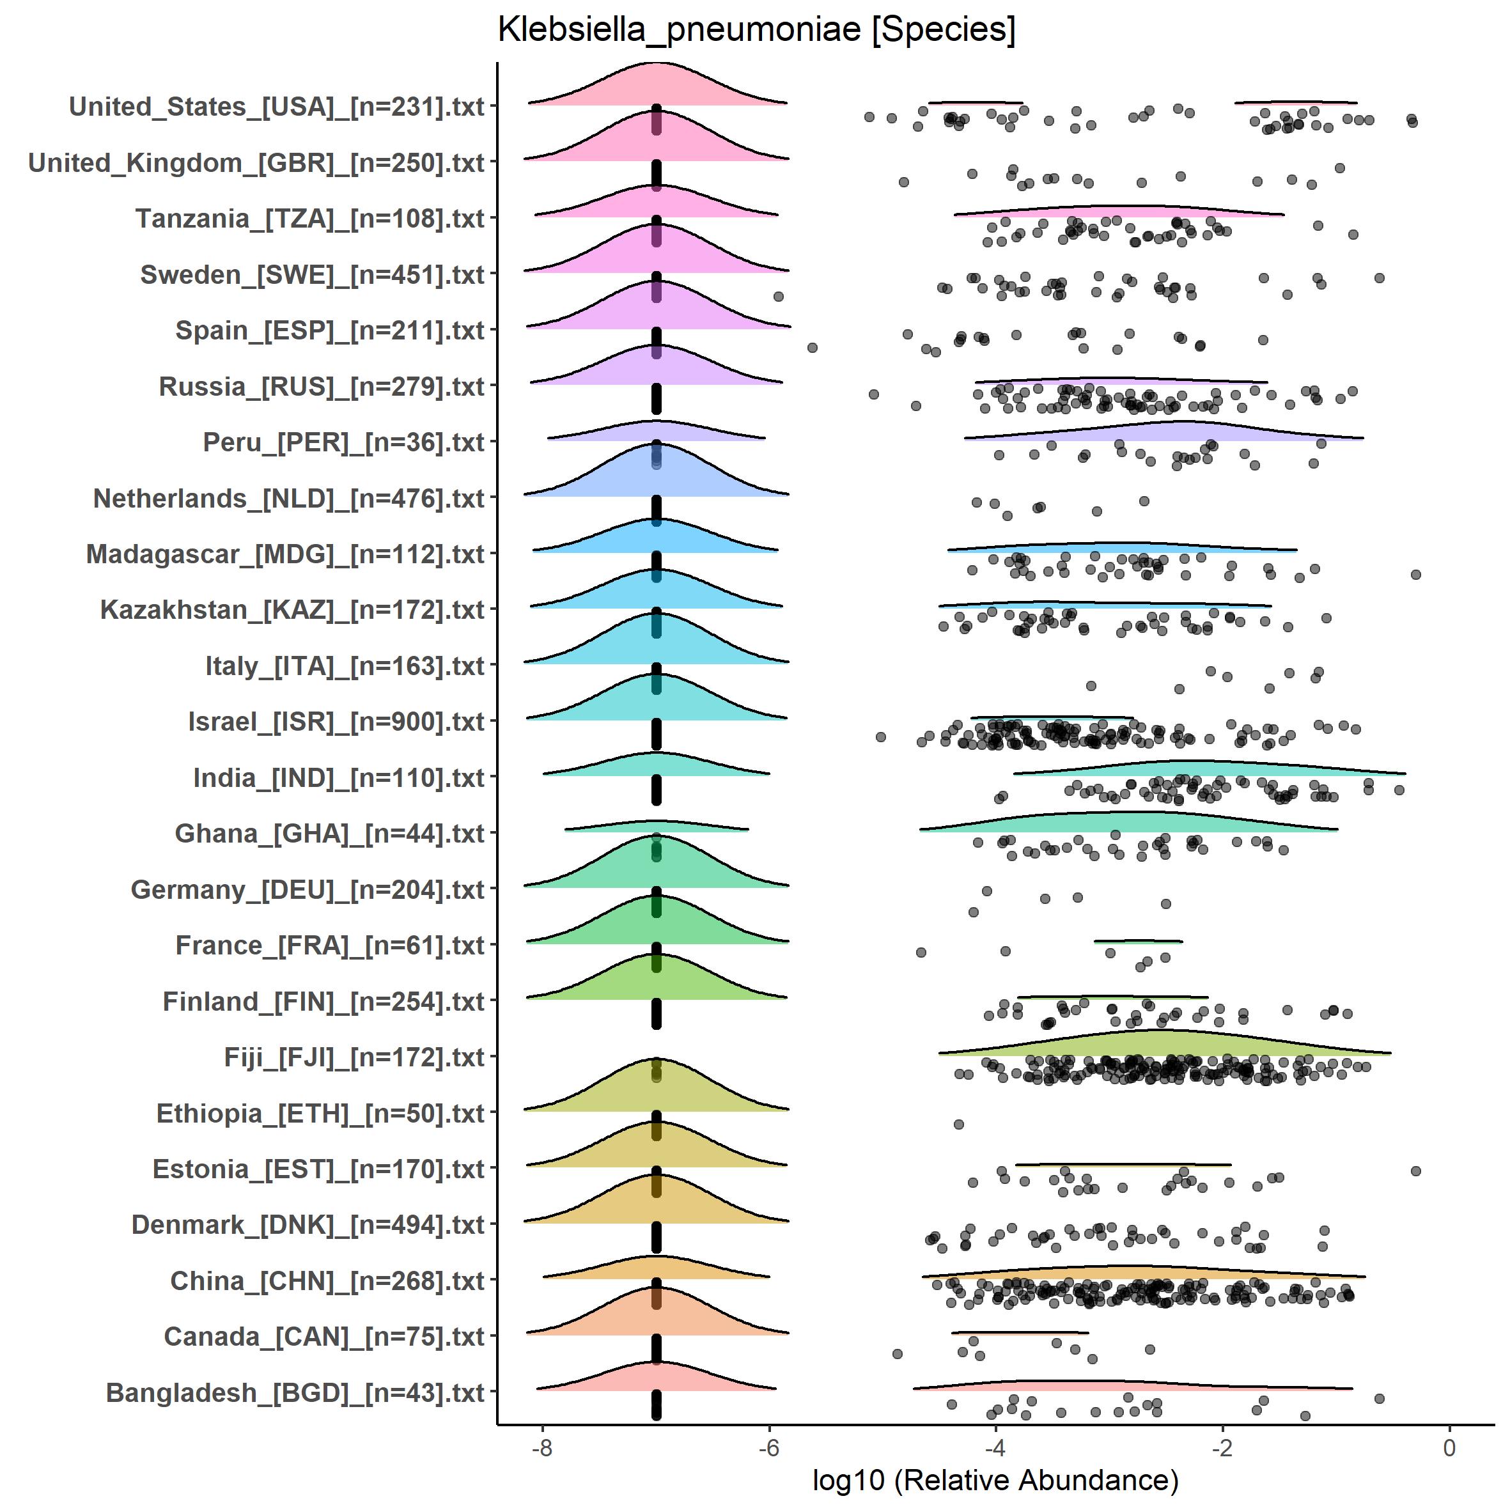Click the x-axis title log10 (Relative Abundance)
click(x=995, y=1479)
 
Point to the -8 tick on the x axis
click(x=541, y=1447)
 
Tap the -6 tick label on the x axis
click(x=769, y=1447)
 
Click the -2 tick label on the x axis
click(x=1222, y=1447)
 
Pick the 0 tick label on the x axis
click(x=1449, y=1447)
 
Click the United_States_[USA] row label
click(x=277, y=106)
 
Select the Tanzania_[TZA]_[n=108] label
click(x=310, y=219)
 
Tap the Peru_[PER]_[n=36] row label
click(x=344, y=442)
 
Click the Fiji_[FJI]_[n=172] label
click(x=354, y=1057)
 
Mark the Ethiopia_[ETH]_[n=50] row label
click(x=320, y=1113)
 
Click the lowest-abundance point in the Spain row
click(x=812, y=347)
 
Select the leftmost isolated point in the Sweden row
click(x=777, y=296)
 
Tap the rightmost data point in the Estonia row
click(x=1415, y=1171)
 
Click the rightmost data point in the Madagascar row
click(x=1415, y=575)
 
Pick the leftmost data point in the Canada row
click(x=898, y=1353)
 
